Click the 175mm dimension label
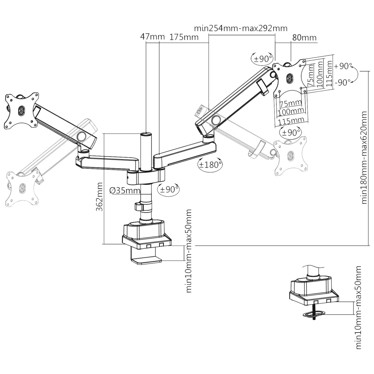point(184,37)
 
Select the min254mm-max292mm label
point(241,28)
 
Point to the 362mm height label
point(100,197)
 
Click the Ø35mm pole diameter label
point(124,191)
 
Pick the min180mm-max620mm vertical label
point(364,158)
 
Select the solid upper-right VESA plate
point(289,77)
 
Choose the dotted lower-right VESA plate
point(291,155)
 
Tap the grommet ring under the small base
point(315,313)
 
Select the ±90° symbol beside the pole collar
point(168,189)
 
